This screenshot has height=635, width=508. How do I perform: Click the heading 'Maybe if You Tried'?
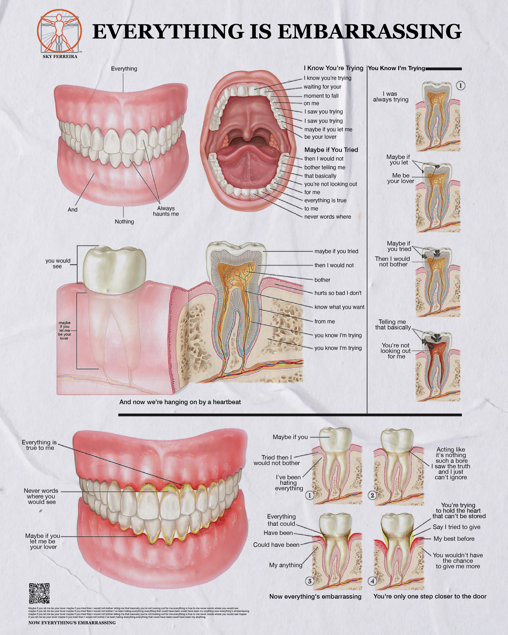click(331, 150)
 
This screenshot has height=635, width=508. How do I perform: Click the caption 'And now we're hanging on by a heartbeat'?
click(180, 402)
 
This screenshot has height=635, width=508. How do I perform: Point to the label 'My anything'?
click(286, 565)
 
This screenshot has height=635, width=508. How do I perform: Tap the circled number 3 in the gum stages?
click(310, 581)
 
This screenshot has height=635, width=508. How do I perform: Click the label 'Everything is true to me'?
click(39, 445)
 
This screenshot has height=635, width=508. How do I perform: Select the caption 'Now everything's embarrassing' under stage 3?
click(315, 596)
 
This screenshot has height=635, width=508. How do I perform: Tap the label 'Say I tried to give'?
click(456, 527)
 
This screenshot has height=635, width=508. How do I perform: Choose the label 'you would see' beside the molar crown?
click(58, 263)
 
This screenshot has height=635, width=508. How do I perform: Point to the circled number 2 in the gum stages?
click(372, 495)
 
